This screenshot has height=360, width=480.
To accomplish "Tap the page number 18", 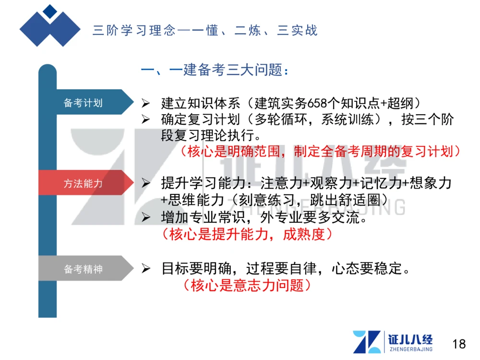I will pos(459,344).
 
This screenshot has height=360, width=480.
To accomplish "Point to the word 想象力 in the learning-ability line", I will pos(434,183).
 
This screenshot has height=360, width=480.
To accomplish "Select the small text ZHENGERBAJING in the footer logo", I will pos(410,349).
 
